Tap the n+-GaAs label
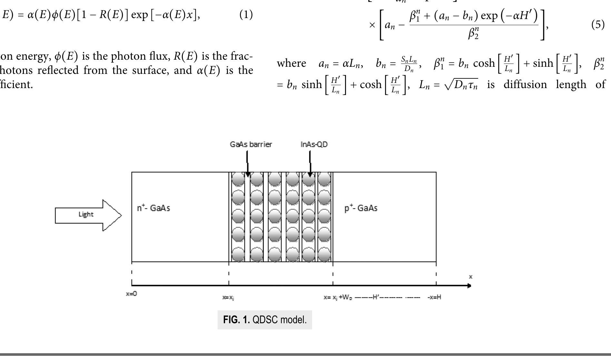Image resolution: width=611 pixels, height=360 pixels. pos(153,208)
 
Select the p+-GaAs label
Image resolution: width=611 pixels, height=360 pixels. pos(361,208)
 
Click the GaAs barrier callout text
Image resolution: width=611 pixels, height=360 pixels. pos(251,145)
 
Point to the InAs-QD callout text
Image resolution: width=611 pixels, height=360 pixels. pos(314,145)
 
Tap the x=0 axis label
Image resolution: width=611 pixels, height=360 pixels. pos(131,294)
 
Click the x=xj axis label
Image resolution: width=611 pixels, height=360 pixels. pos(228,297)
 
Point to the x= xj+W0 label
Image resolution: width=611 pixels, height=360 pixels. pos(338,297)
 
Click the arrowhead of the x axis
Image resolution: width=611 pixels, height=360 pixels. pos(469,285)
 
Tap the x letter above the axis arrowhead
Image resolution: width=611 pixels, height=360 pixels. pos(470,277)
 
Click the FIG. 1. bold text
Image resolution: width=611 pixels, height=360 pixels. pos(236,320)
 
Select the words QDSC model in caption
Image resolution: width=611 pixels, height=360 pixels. pos(279,320)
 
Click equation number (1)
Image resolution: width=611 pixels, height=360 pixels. pos(246,15)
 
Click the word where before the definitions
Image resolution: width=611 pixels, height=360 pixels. pos(291,63)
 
